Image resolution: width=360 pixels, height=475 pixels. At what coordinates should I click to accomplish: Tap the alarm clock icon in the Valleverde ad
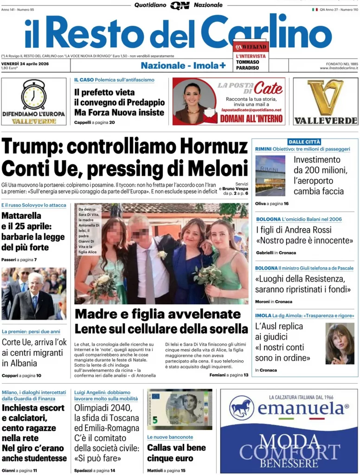34,95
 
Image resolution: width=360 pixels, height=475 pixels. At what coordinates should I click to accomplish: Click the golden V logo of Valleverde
325,97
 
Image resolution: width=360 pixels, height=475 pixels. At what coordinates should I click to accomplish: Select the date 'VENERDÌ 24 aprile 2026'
26,64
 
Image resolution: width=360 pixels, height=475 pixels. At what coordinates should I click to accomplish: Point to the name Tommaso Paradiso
248,65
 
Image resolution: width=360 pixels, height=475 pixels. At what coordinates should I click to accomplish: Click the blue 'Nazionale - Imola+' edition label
183,65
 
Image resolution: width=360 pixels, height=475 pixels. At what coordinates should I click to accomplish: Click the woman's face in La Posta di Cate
191,94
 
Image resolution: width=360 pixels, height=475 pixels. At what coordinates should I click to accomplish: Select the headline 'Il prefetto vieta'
104,92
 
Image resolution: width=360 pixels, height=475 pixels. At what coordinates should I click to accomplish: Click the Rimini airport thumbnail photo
270,176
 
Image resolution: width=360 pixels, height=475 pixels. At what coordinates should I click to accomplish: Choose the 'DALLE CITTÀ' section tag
304,141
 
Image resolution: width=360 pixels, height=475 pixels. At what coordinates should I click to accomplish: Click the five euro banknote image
180,410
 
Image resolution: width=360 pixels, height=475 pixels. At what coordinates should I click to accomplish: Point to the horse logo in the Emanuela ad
241,408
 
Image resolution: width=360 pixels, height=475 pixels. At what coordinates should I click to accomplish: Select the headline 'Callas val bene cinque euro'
176,453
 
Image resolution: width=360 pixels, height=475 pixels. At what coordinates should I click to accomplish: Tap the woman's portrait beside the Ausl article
340,344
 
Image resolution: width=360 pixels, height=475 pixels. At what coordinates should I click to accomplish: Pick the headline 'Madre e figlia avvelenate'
158,314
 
